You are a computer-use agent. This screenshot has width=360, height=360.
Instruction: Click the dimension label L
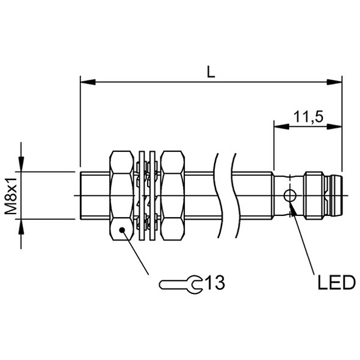(211, 71)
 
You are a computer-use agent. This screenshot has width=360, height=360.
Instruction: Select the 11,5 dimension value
(308, 117)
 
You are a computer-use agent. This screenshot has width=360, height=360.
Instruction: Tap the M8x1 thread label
(11, 196)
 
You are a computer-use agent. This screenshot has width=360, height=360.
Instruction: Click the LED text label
(337, 283)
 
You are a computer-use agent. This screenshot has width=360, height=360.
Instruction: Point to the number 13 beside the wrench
(215, 283)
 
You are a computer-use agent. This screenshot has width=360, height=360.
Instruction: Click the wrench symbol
(181, 285)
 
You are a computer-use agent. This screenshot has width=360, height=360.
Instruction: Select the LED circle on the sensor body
(290, 196)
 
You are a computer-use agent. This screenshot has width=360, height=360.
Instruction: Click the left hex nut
(121, 196)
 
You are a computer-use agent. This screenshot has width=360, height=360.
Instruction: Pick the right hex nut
(173, 196)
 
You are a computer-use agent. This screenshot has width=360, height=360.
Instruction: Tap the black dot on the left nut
(122, 229)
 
